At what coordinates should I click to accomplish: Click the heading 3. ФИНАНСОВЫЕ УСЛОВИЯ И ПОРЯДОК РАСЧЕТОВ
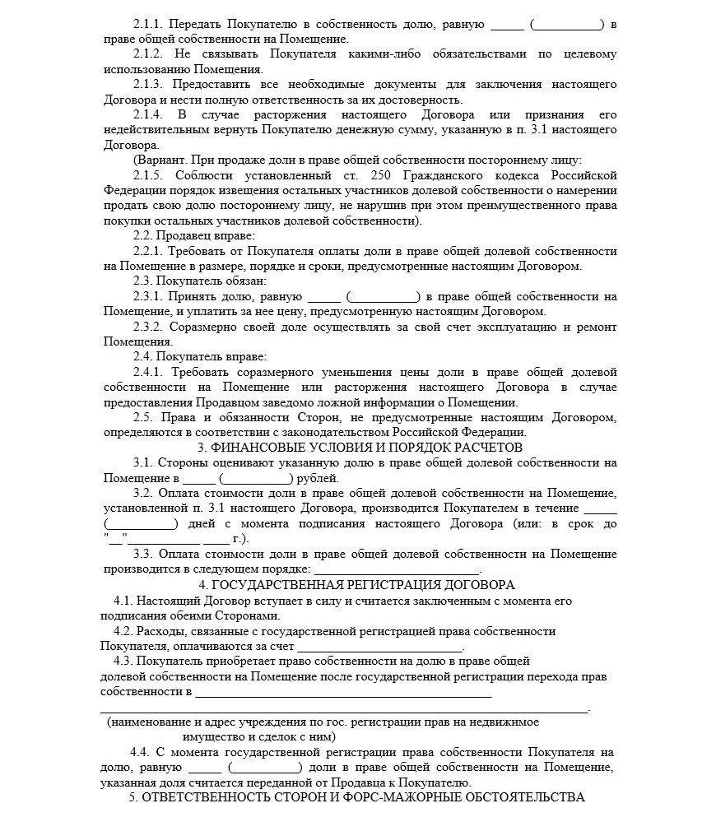coord(360,448)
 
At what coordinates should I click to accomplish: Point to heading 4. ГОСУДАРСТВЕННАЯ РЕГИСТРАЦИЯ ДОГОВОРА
coord(360,585)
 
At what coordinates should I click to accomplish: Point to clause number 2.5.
coord(143,418)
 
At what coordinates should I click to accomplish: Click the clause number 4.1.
coord(124,601)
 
